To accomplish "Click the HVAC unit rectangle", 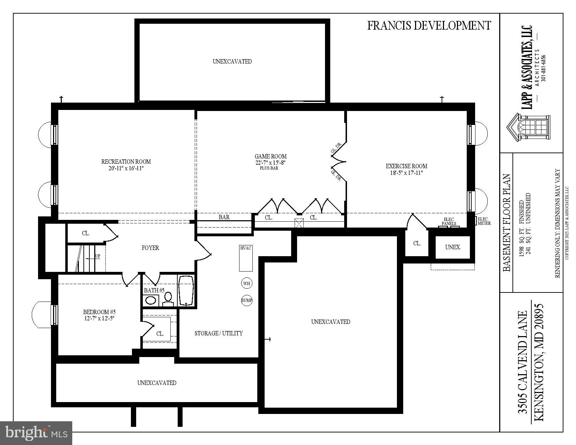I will tap(246, 259).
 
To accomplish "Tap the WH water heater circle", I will tap(246, 283).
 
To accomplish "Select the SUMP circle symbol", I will tap(246, 300).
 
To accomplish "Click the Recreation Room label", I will tap(126, 162).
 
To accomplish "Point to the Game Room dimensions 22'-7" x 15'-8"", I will tap(271, 163).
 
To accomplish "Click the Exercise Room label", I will tap(406, 166).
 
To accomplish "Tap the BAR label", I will tap(224, 217).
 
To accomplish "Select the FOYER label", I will tap(150, 248).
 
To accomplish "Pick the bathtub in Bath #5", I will tap(186, 291).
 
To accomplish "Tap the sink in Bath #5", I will tap(151, 300).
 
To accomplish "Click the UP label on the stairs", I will tap(98, 256).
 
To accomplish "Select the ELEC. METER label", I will tap(484, 221).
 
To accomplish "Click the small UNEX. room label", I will tap(453, 247).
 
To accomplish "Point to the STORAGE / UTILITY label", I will tap(219, 333).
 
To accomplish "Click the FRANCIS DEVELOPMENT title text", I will tap(429, 25).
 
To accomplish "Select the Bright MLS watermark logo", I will tap(36, 433).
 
